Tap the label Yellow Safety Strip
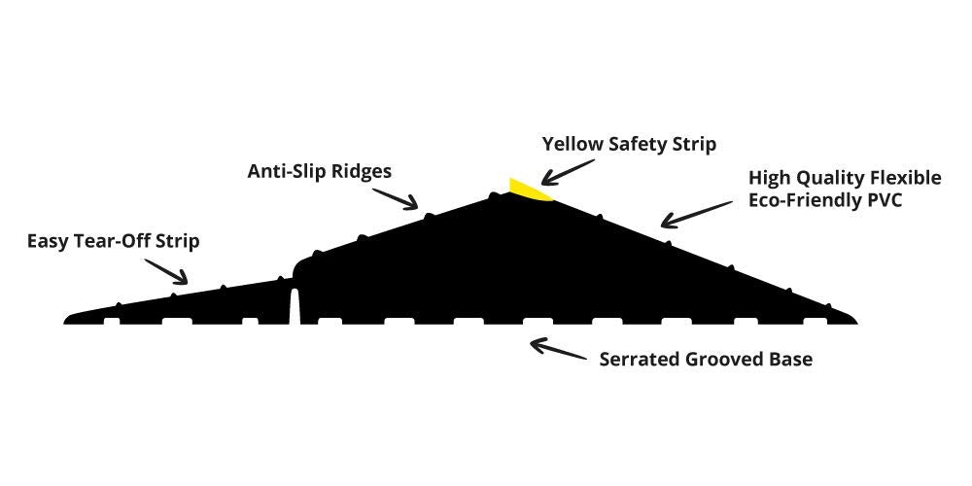point(629,145)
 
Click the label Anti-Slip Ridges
point(319,172)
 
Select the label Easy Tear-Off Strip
point(113,241)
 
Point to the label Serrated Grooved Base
point(705,359)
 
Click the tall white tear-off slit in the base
point(294,307)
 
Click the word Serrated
point(639,359)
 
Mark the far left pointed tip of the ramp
point(67,319)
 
